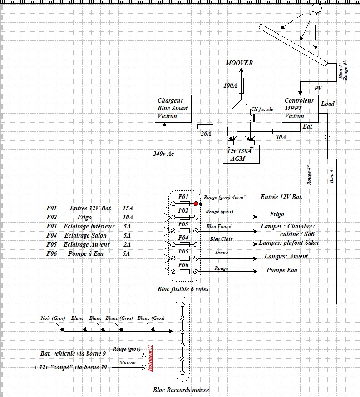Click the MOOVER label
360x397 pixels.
coord(239,63)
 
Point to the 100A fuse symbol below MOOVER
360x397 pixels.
coord(241,85)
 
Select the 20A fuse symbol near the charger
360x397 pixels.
coord(206,127)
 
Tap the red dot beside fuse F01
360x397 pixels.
coord(196,203)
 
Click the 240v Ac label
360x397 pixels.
coord(164,154)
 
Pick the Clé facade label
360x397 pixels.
coord(261,109)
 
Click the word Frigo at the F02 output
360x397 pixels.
coord(277,214)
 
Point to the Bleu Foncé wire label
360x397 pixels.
coord(218,226)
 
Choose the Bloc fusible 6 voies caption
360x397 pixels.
coord(183,289)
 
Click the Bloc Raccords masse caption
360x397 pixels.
coord(181,390)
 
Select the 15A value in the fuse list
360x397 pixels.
coord(128,208)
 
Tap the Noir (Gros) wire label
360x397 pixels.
coord(53,318)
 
